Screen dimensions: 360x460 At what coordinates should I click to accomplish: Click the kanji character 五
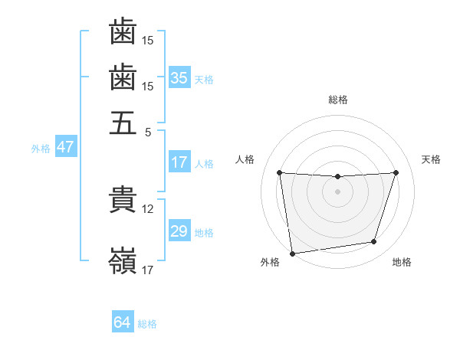click(123, 122)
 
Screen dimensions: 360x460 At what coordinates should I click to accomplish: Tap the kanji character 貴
click(123, 199)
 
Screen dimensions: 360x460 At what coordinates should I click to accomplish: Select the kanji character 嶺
click(123, 261)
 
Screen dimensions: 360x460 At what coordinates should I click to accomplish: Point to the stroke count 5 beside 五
click(148, 131)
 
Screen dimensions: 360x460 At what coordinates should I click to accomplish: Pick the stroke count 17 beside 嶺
click(148, 270)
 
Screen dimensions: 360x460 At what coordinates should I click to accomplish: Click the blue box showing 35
click(179, 78)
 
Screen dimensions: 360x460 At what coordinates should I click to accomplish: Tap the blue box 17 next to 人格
click(179, 162)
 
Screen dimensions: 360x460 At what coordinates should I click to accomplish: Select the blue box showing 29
click(179, 231)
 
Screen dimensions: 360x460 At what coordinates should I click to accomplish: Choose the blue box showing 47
click(65, 147)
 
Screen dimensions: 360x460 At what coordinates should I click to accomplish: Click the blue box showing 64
click(123, 322)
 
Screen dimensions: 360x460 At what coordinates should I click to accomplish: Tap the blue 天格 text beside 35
click(204, 79)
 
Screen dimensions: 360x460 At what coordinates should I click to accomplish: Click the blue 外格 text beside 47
click(41, 148)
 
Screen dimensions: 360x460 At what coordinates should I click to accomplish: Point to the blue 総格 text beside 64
click(147, 324)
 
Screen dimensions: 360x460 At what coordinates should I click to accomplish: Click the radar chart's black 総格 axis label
click(338, 100)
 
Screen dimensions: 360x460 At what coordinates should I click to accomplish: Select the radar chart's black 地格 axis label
click(402, 262)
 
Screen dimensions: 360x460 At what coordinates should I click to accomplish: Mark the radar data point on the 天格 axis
click(396, 172)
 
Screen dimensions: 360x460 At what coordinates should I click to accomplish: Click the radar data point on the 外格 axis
click(291, 253)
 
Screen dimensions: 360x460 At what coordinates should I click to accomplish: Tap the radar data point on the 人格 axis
click(279, 172)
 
